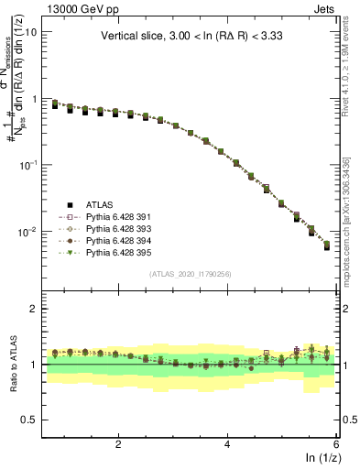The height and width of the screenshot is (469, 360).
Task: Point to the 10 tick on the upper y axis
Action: [x=29, y=31]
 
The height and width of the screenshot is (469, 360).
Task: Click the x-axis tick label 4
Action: [x=227, y=444]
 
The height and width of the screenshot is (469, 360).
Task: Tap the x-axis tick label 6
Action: [x=336, y=444]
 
